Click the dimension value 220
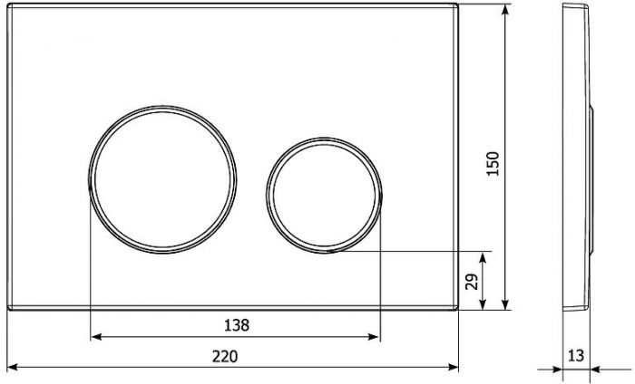(225, 357)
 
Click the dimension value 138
(237, 325)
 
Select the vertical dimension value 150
(493, 163)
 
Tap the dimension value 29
(472, 282)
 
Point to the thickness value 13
(575, 356)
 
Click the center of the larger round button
(162, 179)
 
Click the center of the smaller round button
(324, 196)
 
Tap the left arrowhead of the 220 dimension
(13, 367)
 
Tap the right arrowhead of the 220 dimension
(454, 367)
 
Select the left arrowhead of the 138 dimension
(96, 336)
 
